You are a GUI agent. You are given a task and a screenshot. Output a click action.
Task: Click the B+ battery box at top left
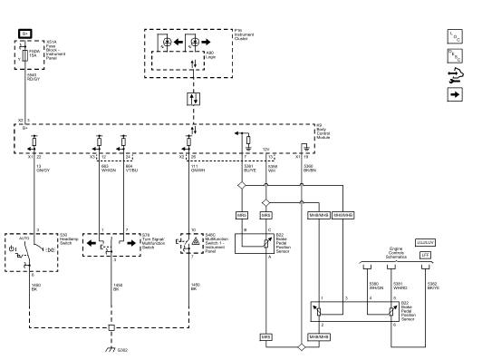click(x=24, y=33)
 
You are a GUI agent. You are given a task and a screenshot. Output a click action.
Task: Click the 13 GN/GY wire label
click(x=43, y=169)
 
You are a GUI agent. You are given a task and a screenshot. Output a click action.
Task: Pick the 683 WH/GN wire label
click(x=108, y=169)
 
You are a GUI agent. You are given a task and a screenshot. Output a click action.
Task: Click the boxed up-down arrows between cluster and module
click(x=191, y=97)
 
